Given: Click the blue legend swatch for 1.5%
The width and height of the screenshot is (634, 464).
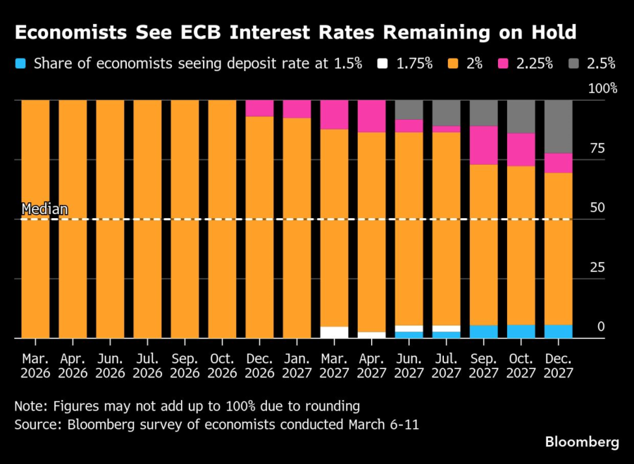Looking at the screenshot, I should [20, 64].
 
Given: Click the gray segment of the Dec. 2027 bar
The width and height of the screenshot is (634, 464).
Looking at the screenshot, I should [558, 127].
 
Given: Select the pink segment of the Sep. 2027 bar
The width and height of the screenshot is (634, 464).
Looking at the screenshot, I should [483, 145].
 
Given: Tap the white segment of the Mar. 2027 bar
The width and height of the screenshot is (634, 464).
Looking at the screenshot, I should [334, 332].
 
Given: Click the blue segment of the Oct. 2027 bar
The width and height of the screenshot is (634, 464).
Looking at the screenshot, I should [521, 331].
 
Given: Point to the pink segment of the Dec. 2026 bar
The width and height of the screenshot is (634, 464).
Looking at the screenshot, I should [259, 108].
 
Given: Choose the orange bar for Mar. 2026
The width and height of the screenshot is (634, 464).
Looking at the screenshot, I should [35, 219].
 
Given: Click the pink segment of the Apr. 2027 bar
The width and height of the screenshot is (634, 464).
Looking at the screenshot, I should [371, 116].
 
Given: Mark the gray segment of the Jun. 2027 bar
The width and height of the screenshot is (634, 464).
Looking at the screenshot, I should [409, 110].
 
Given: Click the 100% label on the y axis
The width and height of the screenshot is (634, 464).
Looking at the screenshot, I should [603, 89].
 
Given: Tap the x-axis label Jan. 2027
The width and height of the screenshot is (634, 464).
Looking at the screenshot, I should [297, 365].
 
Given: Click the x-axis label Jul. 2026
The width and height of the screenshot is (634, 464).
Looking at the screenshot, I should [147, 365].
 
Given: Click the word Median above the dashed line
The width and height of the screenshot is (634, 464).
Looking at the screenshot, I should [45, 209].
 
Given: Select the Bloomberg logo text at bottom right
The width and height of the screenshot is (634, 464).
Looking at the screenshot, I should [582, 442].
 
